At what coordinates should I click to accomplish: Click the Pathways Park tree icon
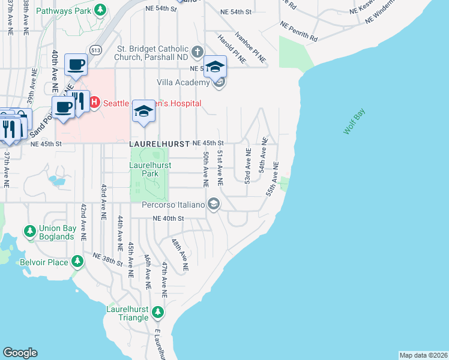(x=101, y=10)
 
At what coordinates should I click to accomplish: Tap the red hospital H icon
(x=94, y=103)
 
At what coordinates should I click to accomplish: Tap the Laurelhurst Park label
(x=151, y=169)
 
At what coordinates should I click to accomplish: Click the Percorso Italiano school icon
(x=212, y=205)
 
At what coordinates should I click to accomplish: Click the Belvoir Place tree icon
(x=77, y=262)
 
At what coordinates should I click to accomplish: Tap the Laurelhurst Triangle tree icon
(x=157, y=312)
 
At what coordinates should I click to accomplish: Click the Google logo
(x=20, y=353)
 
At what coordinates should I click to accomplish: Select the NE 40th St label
(x=168, y=219)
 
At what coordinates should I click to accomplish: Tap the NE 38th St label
(x=107, y=259)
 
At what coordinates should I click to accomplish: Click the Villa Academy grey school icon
(x=219, y=82)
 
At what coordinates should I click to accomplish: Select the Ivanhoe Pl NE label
(x=251, y=48)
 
